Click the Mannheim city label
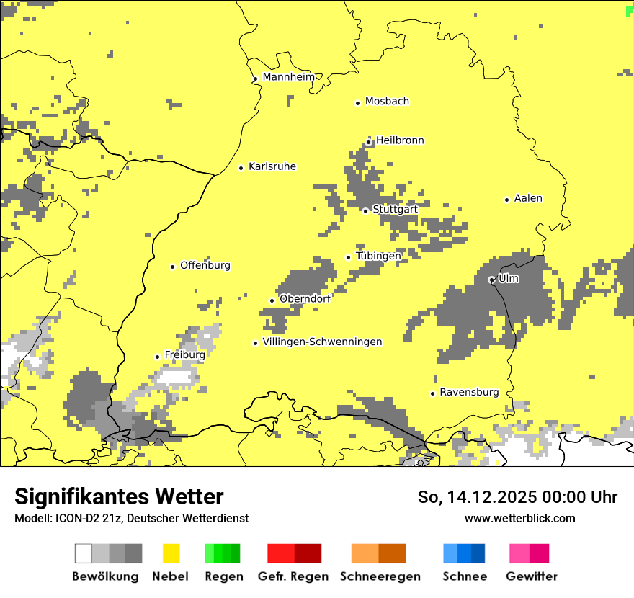pyautogui.click(x=289, y=77)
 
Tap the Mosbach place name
pyautogui.click(x=387, y=102)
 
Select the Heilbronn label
pyautogui.click(x=400, y=140)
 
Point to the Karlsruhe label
pyautogui.click(x=272, y=166)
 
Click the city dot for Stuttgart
pyautogui.click(x=365, y=211)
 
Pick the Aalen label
pyautogui.click(x=528, y=198)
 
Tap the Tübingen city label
pyautogui.click(x=378, y=256)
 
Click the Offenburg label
pyautogui.click(x=205, y=265)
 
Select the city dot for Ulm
pyautogui.click(x=491, y=280)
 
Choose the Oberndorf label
pyautogui.click(x=305, y=298)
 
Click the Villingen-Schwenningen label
pyautogui.click(x=322, y=342)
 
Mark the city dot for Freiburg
pyautogui.click(x=157, y=357)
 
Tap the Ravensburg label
pyautogui.click(x=469, y=392)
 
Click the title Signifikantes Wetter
pyautogui.click(x=119, y=496)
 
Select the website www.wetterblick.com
pyautogui.click(x=519, y=518)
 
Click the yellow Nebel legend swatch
pyautogui.click(x=171, y=553)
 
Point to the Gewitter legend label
pyautogui.click(x=532, y=576)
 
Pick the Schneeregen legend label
pyautogui.click(x=380, y=576)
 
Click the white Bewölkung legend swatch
pyautogui.click(x=84, y=553)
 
